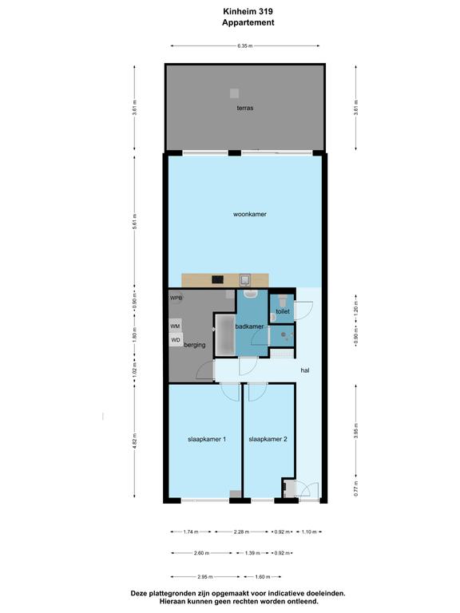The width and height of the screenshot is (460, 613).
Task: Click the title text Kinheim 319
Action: pyautogui.click(x=248, y=11)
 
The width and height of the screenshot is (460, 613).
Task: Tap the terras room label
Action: pyautogui.click(x=245, y=108)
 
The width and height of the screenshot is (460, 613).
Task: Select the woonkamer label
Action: pyautogui.click(x=249, y=214)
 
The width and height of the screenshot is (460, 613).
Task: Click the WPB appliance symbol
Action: pyautogui.click(x=176, y=298)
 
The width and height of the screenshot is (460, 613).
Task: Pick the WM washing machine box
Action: pyautogui.click(x=175, y=326)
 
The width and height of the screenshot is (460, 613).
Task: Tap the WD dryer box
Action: pyautogui.click(x=176, y=340)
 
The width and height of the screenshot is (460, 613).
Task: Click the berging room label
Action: pyautogui.click(x=194, y=345)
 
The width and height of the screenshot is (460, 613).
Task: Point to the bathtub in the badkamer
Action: pyautogui.click(x=225, y=335)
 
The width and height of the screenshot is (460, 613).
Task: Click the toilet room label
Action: pyautogui.click(x=283, y=311)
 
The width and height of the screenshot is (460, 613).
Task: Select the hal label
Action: pyautogui.click(x=305, y=370)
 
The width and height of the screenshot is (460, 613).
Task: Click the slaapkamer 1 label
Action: pyautogui.click(x=207, y=439)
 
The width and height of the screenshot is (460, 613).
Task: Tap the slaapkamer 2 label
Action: pyautogui.click(x=268, y=439)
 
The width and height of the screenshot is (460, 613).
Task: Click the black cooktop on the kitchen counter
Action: pyautogui.click(x=217, y=279)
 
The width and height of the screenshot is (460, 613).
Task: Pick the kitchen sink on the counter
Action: pyautogui.click(x=245, y=280)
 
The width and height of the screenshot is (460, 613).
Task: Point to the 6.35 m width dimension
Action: pyautogui.click(x=245, y=45)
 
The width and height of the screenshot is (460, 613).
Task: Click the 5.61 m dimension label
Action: pyautogui.click(x=134, y=221)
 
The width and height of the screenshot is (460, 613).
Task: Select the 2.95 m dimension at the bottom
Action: pyautogui.click(x=205, y=576)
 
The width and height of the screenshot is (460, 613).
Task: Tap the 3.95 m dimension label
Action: pyautogui.click(x=356, y=430)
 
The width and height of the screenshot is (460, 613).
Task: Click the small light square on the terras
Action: pyautogui.click(x=234, y=93)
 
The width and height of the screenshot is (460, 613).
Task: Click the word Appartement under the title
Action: pyautogui.click(x=248, y=22)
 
